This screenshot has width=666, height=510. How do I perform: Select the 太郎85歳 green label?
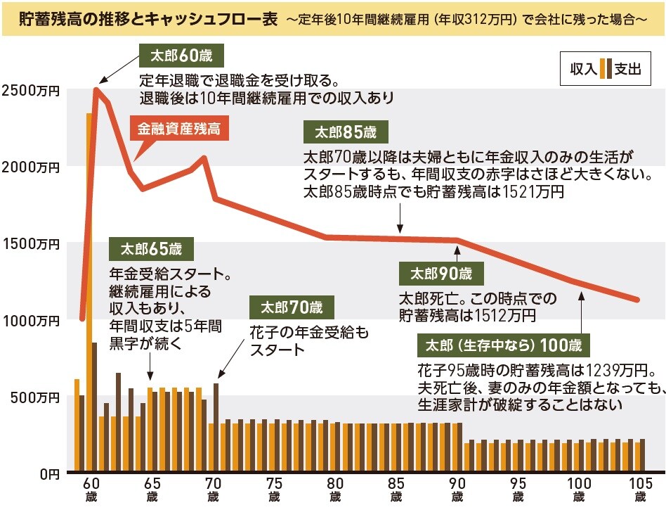(x=345, y=132)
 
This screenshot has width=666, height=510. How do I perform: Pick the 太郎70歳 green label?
(x=292, y=307)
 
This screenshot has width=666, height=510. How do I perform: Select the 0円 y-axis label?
(x=48, y=473)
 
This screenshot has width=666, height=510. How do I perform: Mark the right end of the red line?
(x=637, y=300)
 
